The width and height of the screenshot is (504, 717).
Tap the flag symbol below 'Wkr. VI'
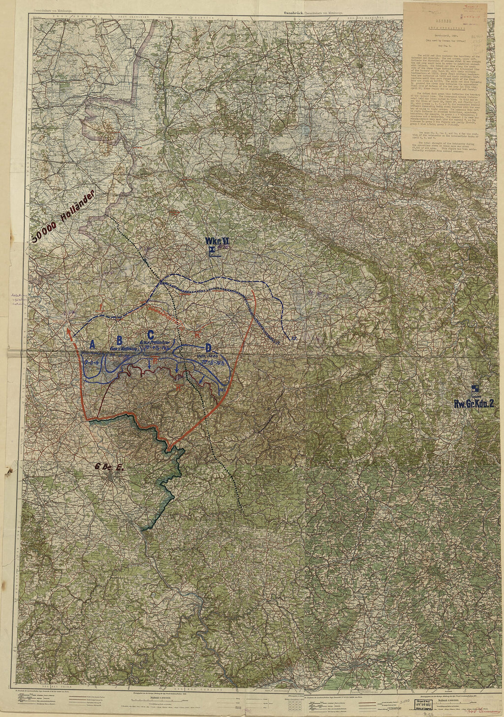213,250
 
